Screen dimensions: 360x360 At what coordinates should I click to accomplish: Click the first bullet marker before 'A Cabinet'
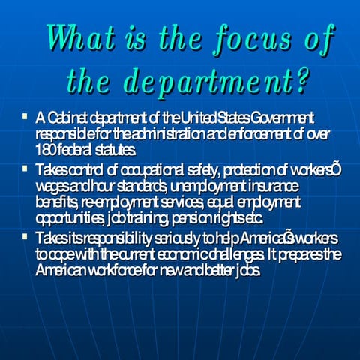click(x=26, y=117)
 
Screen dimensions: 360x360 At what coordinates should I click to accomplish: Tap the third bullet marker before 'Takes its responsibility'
click(x=26, y=238)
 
